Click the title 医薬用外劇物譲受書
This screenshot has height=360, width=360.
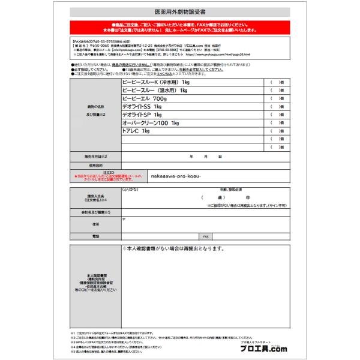179,11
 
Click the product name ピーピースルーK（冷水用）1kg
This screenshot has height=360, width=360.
155,82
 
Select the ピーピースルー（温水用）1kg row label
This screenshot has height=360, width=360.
155,90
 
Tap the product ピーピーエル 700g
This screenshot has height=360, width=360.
143,98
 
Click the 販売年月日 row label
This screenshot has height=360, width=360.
95,155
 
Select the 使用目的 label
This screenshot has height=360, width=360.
95,164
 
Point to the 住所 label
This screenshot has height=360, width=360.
95,224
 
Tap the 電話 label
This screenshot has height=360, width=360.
95,237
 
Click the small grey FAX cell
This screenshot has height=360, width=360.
206,237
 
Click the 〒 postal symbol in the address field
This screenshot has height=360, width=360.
124,219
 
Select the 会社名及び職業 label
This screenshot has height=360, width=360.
95,212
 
